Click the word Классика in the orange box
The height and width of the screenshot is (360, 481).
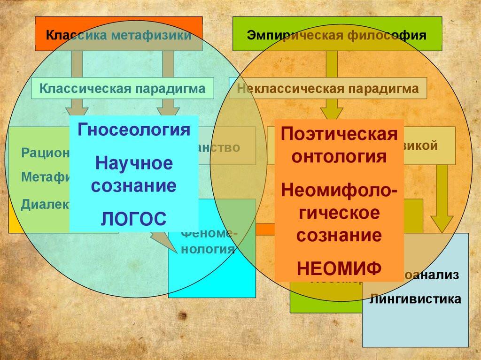coord(69,35)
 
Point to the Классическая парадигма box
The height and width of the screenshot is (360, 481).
coord(122,88)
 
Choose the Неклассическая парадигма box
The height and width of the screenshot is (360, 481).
coord(327,88)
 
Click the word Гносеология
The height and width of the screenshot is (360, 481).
coord(134,130)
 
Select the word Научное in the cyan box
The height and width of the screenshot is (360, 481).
coord(134,164)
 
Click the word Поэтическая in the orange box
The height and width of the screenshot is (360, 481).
coord(339,134)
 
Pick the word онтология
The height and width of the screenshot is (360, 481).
coord(339,156)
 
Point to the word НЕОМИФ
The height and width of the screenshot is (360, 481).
coord(339,268)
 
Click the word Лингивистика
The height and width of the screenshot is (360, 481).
coord(415,299)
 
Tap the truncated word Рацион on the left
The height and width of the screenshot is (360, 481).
coord(45,153)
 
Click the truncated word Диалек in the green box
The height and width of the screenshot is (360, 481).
coord(45,204)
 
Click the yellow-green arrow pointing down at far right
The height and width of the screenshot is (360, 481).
coord(442,197)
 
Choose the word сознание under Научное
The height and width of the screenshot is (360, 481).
coord(134,186)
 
